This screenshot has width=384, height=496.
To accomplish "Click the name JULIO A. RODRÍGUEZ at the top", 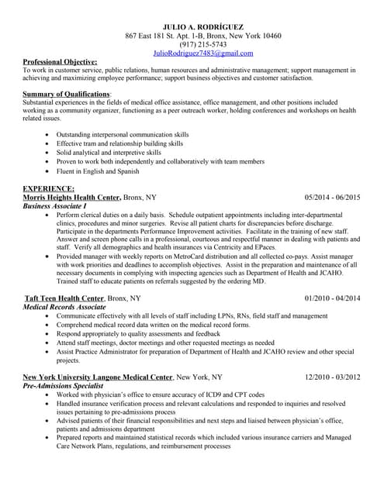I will (x=203, y=26).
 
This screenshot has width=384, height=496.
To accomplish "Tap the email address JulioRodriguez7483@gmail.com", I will (x=203, y=53).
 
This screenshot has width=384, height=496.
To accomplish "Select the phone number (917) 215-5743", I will (x=203, y=44).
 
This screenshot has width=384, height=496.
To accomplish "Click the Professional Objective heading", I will (x=60, y=61).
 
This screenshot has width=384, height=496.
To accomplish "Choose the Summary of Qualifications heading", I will (x=67, y=94).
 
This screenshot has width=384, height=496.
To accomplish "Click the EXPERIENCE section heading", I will (x=49, y=188).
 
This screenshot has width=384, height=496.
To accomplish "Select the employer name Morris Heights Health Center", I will (x=71, y=198).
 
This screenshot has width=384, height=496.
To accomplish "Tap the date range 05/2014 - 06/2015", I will (x=332, y=198).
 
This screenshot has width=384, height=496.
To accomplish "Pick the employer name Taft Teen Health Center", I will (x=64, y=298).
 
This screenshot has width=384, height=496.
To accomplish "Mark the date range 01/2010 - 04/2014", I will (x=332, y=298).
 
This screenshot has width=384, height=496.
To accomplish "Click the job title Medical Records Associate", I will (x=64, y=307).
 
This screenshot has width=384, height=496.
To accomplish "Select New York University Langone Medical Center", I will (x=98, y=377).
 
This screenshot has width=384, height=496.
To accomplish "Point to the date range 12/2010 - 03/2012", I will (x=332, y=377).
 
